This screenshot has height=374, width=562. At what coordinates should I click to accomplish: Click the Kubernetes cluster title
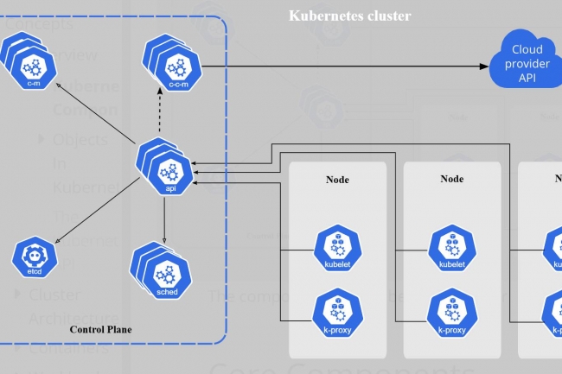pyautogui.click(x=349, y=16)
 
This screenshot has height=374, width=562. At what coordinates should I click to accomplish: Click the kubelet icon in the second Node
pyautogui.click(x=451, y=248)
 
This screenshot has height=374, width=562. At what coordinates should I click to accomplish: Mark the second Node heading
pyautogui.click(x=452, y=180)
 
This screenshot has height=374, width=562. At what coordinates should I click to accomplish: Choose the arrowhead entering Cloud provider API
pyautogui.click(x=481, y=66)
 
